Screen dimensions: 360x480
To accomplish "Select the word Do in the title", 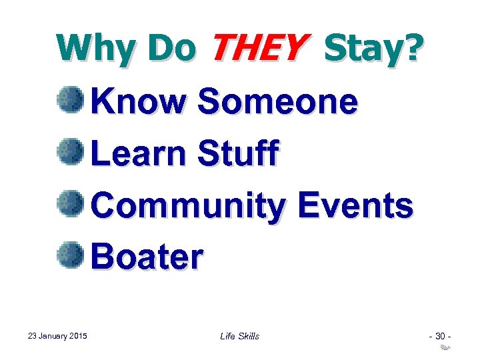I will (x=171, y=48).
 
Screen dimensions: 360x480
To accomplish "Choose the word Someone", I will (x=278, y=102).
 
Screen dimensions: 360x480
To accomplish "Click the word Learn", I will (x=138, y=153).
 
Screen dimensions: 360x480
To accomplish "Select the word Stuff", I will (x=238, y=153).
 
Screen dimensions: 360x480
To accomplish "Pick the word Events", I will (x=355, y=205).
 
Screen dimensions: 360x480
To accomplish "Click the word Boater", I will (x=147, y=257).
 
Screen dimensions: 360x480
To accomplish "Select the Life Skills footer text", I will (x=239, y=336).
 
